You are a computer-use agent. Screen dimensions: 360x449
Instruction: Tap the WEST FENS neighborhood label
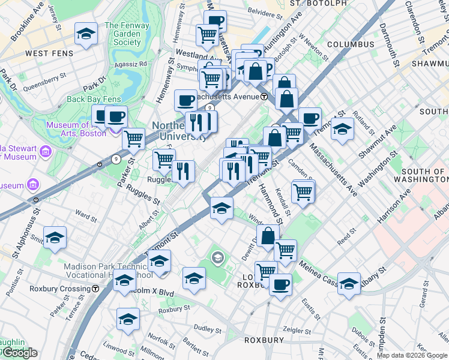tap(49, 53)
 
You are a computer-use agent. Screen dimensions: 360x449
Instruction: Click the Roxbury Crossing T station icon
tap(95, 289)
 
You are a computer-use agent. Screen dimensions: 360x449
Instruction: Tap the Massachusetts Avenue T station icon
tap(264, 97)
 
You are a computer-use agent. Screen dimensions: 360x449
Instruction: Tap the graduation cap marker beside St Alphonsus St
tap(55, 238)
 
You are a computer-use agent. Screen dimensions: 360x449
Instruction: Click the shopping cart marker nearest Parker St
tap(133, 139)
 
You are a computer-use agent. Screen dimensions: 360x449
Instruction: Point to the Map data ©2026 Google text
tap(412, 355)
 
